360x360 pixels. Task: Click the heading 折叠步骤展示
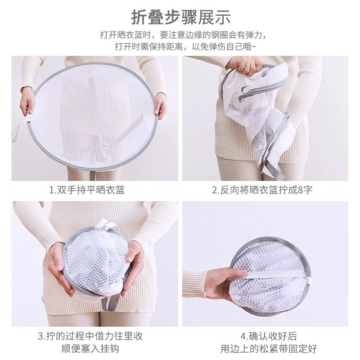(x=181, y=17)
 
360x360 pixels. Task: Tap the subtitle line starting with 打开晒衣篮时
(x=180, y=35)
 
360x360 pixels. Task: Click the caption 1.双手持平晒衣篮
(x=87, y=190)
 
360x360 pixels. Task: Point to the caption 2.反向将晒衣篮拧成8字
(x=262, y=190)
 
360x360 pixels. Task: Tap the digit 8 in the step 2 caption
(x=300, y=190)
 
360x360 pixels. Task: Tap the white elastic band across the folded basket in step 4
(x=270, y=270)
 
